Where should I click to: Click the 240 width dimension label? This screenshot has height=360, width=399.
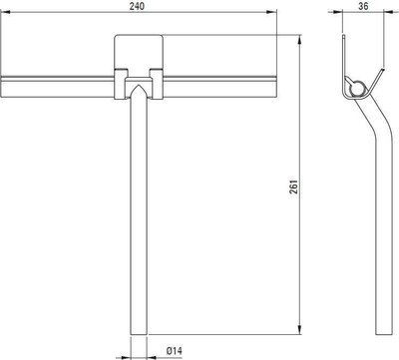click(x=137, y=6)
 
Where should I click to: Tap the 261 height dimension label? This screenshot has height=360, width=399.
click(x=295, y=186)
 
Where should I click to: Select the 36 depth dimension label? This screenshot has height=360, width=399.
click(x=363, y=6)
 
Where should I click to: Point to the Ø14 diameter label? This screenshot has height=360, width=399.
click(x=175, y=351)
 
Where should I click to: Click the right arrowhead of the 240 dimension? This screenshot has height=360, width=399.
click(x=272, y=12)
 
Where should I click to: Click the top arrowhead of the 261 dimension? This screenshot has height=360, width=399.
click(x=300, y=40)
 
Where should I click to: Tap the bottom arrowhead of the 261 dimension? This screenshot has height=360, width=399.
click(x=300, y=329)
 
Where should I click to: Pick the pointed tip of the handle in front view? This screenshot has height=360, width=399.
click(x=139, y=85)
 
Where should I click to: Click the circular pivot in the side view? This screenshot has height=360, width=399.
click(x=357, y=89)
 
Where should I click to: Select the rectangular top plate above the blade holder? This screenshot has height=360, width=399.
click(x=139, y=52)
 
